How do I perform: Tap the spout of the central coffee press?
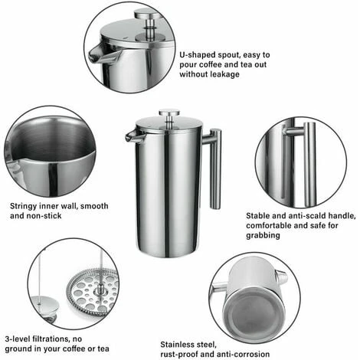(x=132, y=136)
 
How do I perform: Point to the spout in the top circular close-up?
(x=100, y=54)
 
